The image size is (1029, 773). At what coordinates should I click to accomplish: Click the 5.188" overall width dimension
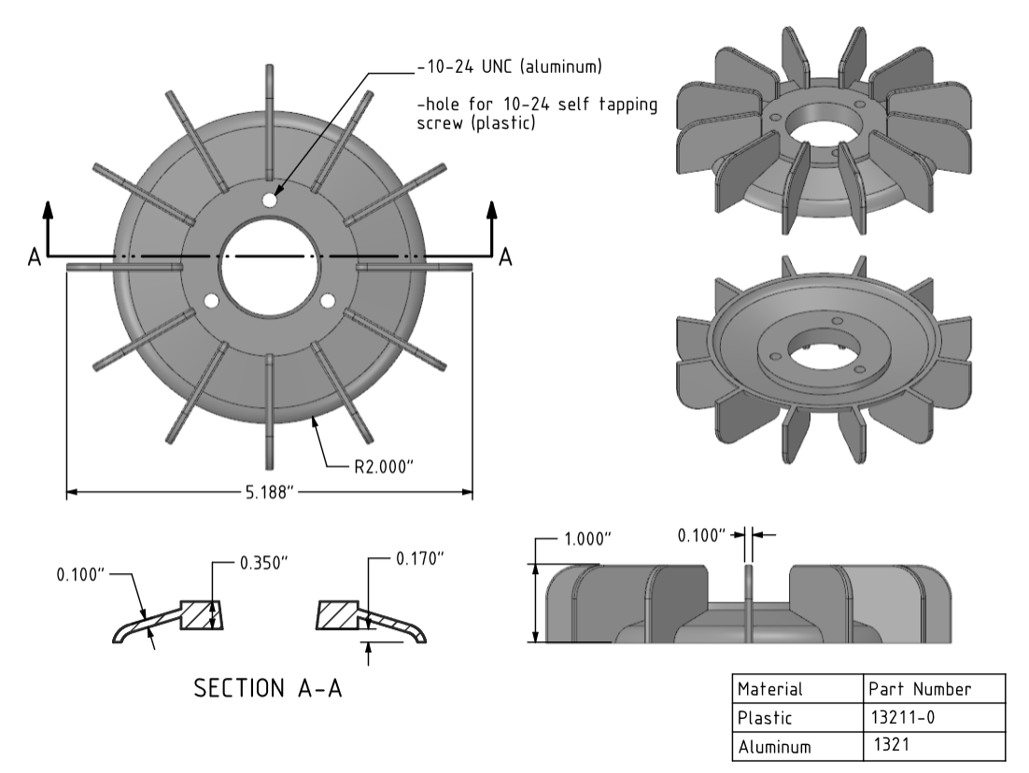(268, 492)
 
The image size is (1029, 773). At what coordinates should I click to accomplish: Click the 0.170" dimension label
(419, 558)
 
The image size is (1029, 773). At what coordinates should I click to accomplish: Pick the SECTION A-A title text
(268, 689)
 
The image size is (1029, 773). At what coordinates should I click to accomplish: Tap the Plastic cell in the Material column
(766, 718)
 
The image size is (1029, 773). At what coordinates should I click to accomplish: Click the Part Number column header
(920, 690)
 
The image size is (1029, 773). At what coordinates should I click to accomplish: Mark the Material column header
(770, 690)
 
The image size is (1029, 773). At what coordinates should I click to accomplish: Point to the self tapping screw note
(535, 114)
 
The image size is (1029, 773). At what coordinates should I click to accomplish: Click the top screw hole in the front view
(269, 201)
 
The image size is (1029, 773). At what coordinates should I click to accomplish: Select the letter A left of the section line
(35, 257)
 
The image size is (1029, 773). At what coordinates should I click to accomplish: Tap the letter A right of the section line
(505, 257)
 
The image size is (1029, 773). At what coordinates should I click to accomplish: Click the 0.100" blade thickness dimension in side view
(702, 535)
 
